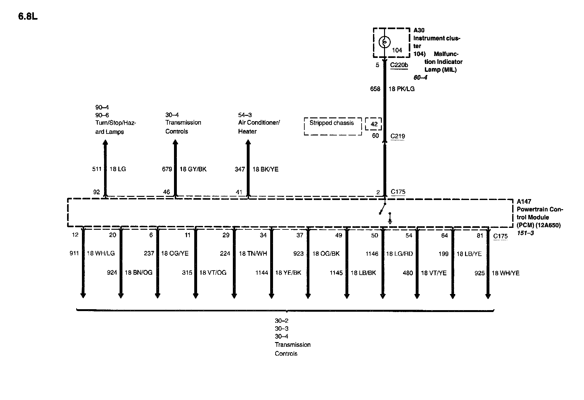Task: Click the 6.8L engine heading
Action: [28, 16]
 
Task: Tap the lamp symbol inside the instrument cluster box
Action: [384, 42]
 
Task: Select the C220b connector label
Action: [399, 65]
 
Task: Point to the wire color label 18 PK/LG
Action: [401, 89]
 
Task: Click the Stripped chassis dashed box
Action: [332, 126]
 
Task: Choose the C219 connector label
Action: [398, 136]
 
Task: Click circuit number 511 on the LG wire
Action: [97, 169]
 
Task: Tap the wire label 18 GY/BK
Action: [193, 169]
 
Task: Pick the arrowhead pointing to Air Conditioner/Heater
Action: [248, 143]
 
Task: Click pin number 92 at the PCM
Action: [96, 192]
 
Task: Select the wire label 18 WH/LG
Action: [101, 253]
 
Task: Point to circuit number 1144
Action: [262, 273]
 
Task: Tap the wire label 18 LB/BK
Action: [363, 273]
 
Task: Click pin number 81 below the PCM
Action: [480, 235]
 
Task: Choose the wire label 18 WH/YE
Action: [505, 273]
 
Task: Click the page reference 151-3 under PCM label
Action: [525, 233]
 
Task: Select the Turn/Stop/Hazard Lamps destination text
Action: [115, 127]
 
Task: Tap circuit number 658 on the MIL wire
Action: [375, 89]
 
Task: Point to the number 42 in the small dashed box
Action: [374, 124]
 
